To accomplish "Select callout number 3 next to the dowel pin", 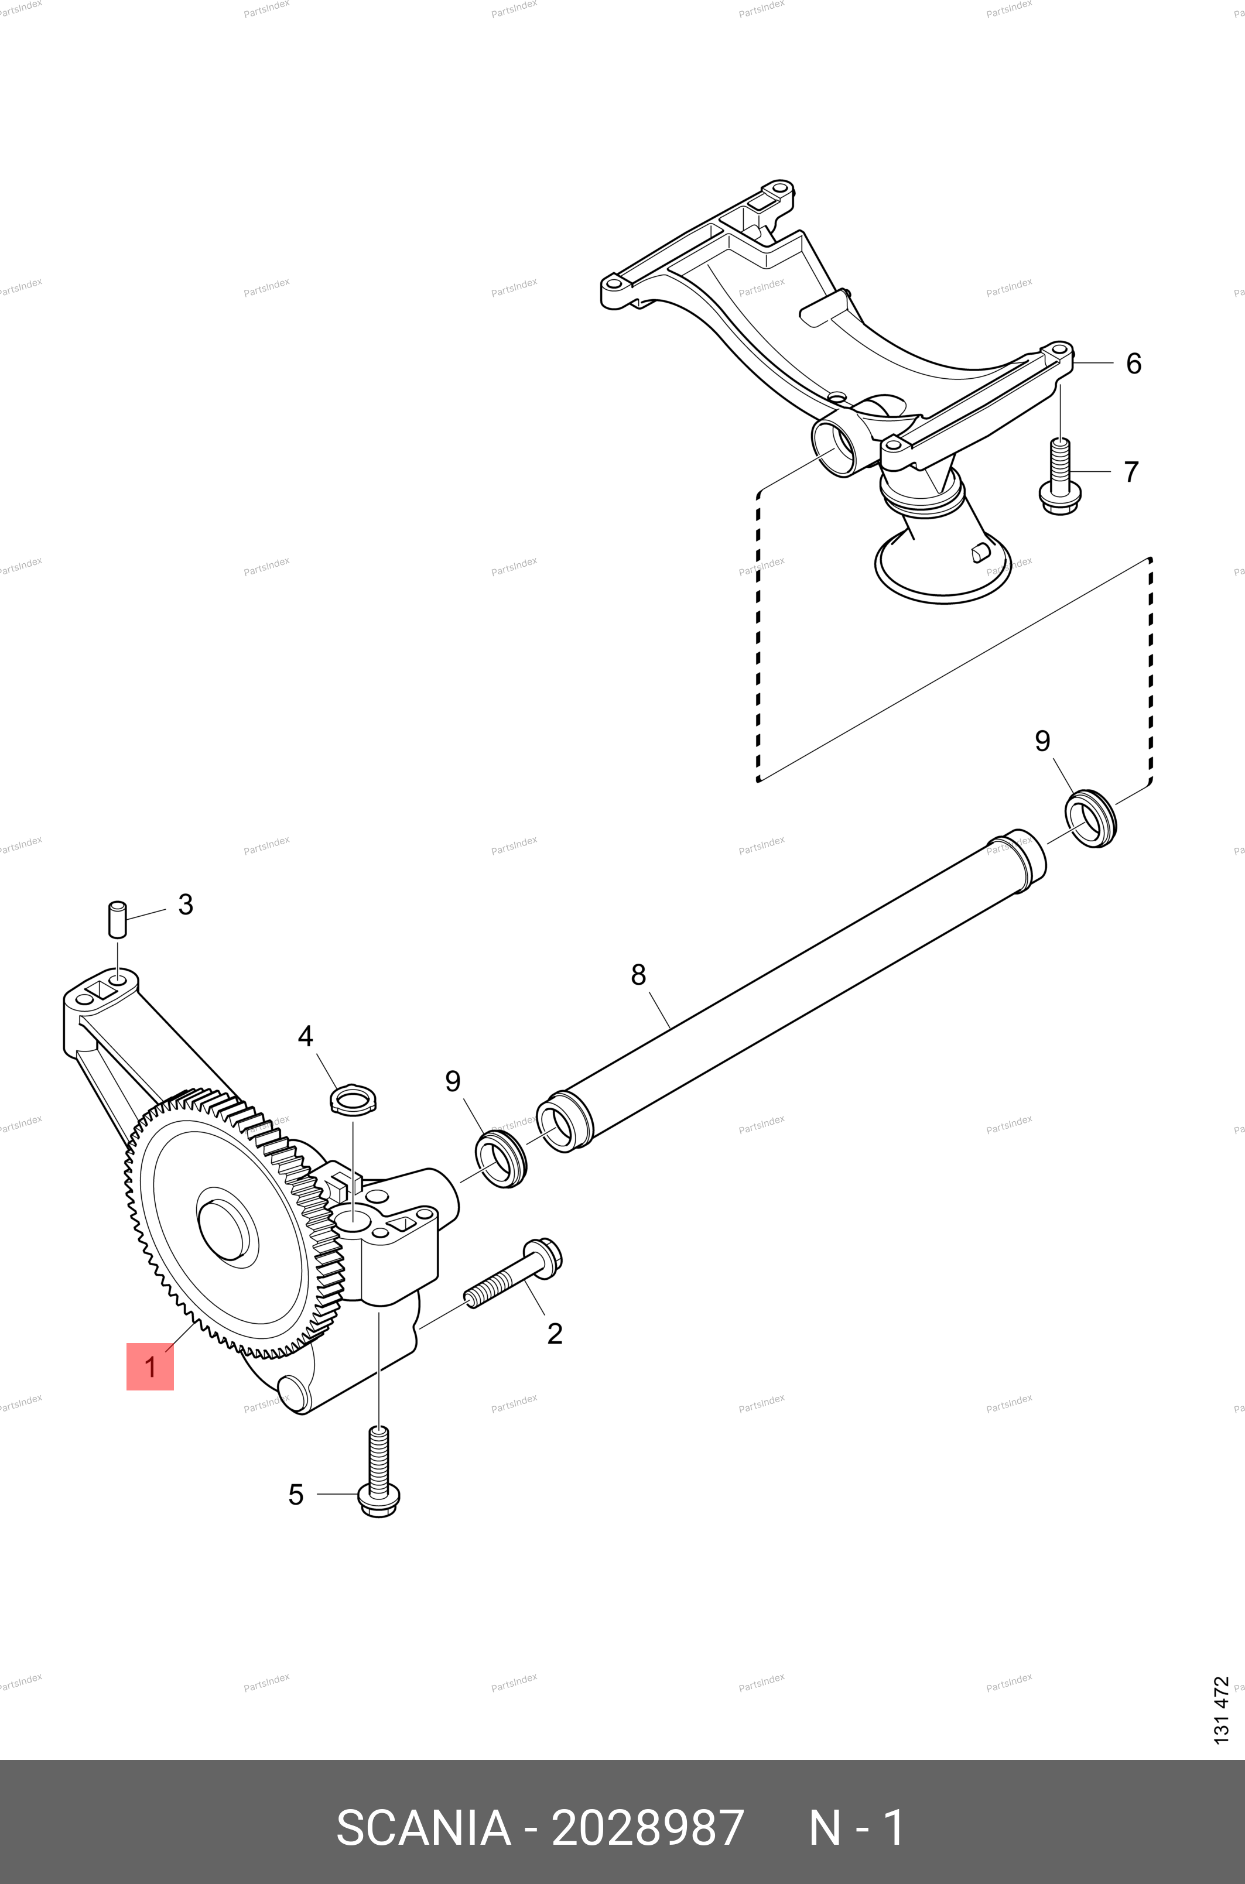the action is click(x=186, y=904).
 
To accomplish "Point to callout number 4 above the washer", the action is click(x=306, y=1036).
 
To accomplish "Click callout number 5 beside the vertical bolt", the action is click(x=296, y=1494).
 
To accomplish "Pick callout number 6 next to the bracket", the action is click(x=1134, y=364).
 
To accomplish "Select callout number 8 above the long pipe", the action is click(x=638, y=975).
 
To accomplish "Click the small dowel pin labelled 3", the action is click(x=118, y=919).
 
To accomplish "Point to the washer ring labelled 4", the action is click(x=353, y=1101).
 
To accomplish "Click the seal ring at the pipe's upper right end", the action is click(x=1091, y=818).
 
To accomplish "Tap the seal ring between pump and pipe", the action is click(x=501, y=1161).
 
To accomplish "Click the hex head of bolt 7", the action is click(x=1060, y=498).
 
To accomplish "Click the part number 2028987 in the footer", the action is click(x=647, y=1828).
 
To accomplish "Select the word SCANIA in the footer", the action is click(x=423, y=1828).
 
